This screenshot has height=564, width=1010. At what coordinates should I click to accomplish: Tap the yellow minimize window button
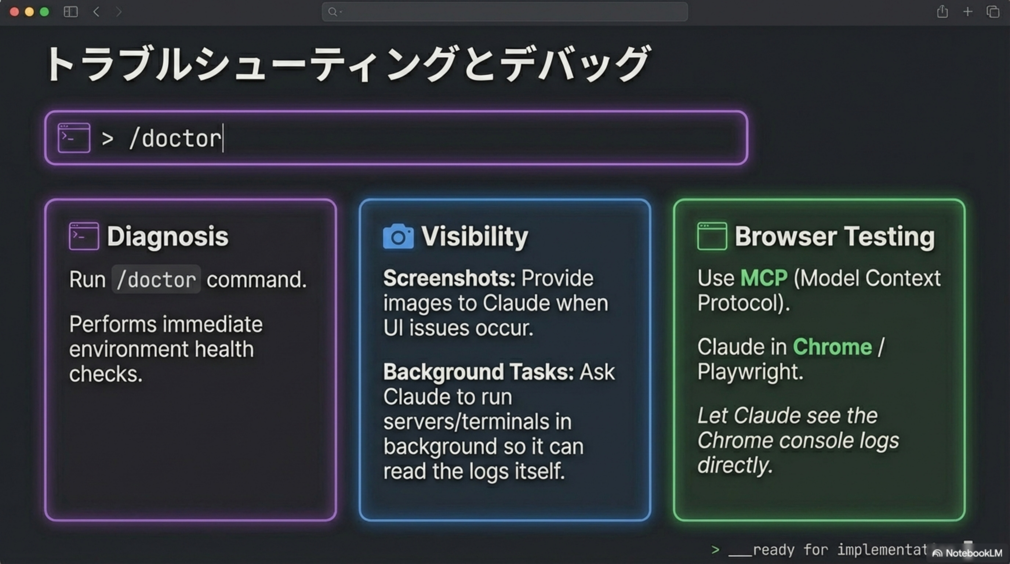[29, 12]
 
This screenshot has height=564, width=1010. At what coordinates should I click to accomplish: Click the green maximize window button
[44, 12]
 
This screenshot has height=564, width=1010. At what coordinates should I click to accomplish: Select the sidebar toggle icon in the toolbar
[70, 12]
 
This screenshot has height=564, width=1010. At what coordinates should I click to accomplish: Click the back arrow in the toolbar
[96, 12]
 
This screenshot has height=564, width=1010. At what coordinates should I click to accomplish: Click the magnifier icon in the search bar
[333, 12]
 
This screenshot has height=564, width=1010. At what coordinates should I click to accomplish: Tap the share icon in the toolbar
[942, 12]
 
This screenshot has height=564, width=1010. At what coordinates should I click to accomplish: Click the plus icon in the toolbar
[968, 12]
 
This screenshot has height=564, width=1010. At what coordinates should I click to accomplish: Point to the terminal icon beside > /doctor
[74, 138]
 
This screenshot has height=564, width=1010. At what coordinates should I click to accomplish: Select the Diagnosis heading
[167, 236]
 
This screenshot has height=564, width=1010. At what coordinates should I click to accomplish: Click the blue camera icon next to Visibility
[398, 236]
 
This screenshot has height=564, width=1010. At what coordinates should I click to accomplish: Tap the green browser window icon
[712, 236]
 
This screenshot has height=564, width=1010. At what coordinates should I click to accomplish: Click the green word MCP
[763, 278]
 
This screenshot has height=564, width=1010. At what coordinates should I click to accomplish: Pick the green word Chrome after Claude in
[832, 347]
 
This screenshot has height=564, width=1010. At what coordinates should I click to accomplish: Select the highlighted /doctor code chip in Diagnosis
[156, 280]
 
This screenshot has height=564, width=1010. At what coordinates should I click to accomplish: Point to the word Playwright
[750, 372]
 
